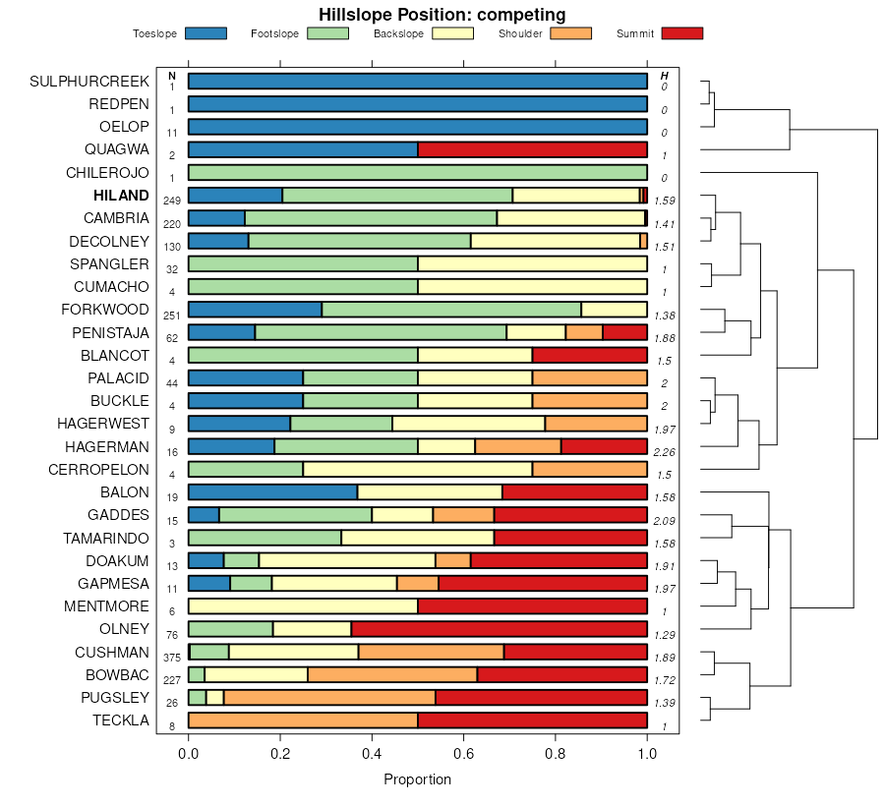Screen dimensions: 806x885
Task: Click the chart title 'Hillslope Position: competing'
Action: pos(442,14)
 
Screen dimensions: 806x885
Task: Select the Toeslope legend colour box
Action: pos(206,33)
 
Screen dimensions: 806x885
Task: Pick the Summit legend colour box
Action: pos(682,33)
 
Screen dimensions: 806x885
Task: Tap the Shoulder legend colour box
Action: pos(571,33)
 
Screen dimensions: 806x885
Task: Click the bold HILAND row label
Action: pos(121,196)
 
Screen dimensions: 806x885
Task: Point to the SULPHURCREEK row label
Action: pos(89,81)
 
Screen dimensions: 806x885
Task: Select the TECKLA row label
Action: pos(121,720)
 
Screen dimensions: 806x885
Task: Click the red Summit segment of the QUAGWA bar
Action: pos(532,149)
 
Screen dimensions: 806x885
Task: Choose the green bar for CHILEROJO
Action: pos(418,173)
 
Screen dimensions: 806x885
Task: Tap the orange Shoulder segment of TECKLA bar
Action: pos(303,720)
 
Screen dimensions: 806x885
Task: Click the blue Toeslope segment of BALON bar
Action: pos(272,492)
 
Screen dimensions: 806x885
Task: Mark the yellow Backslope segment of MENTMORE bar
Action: pos(303,606)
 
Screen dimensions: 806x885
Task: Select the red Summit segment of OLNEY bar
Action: pos(499,629)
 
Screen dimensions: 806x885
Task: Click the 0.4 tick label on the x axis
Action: pos(372,754)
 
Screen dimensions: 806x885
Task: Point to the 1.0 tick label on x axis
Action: pos(647,754)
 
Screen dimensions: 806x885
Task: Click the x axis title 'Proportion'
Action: pos(417,779)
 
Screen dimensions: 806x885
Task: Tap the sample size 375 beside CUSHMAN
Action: pos(172,659)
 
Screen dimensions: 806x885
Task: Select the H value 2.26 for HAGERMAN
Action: pos(665,453)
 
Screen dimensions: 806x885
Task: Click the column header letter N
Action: pos(172,76)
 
